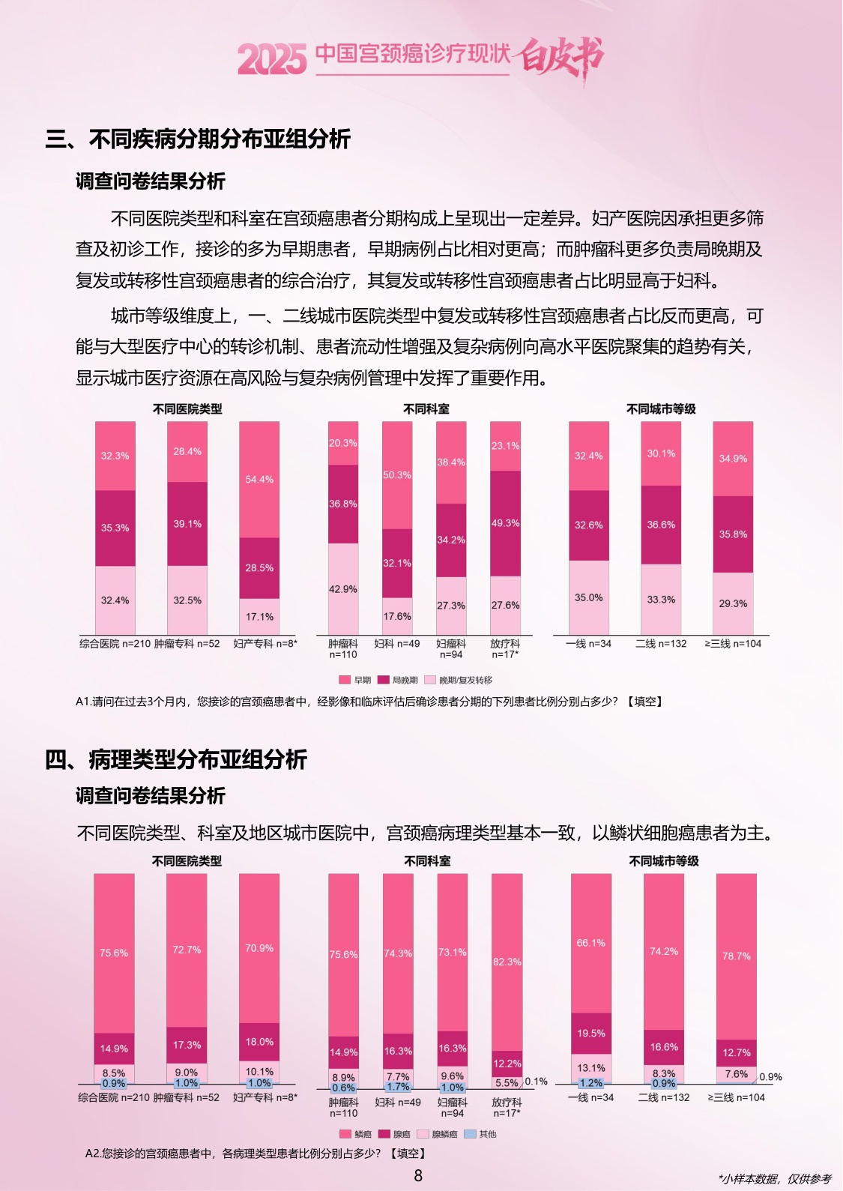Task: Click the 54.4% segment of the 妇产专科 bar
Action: point(259,480)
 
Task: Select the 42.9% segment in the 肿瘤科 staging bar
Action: point(343,589)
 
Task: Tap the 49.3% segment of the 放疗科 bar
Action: point(505,523)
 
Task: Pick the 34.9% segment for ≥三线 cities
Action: point(733,459)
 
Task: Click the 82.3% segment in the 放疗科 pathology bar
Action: point(507,962)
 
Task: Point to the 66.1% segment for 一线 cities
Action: point(591,943)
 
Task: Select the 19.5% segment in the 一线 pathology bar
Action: point(591,1034)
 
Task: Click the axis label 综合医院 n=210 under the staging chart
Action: point(115,644)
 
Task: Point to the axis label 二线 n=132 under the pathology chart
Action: point(663,1097)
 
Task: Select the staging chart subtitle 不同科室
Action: point(426,409)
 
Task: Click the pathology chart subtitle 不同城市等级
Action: point(663,861)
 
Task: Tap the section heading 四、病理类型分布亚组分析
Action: point(177,759)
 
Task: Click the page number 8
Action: point(418,1175)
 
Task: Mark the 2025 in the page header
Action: point(272,59)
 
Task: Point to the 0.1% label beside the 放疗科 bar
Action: point(537,1082)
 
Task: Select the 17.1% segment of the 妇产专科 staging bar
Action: point(259,617)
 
